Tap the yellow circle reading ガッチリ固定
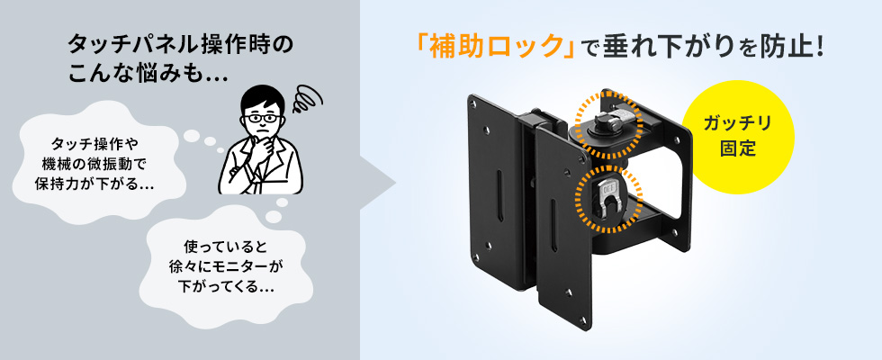tap(738, 137)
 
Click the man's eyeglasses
tap(260, 119)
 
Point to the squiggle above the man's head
tap(308, 99)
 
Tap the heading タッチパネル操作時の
tap(181, 45)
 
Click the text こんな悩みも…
tap(148, 74)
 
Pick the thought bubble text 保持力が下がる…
tap(94, 184)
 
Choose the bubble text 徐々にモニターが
tap(226, 266)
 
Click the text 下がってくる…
tap(226, 286)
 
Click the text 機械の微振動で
tap(94, 164)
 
